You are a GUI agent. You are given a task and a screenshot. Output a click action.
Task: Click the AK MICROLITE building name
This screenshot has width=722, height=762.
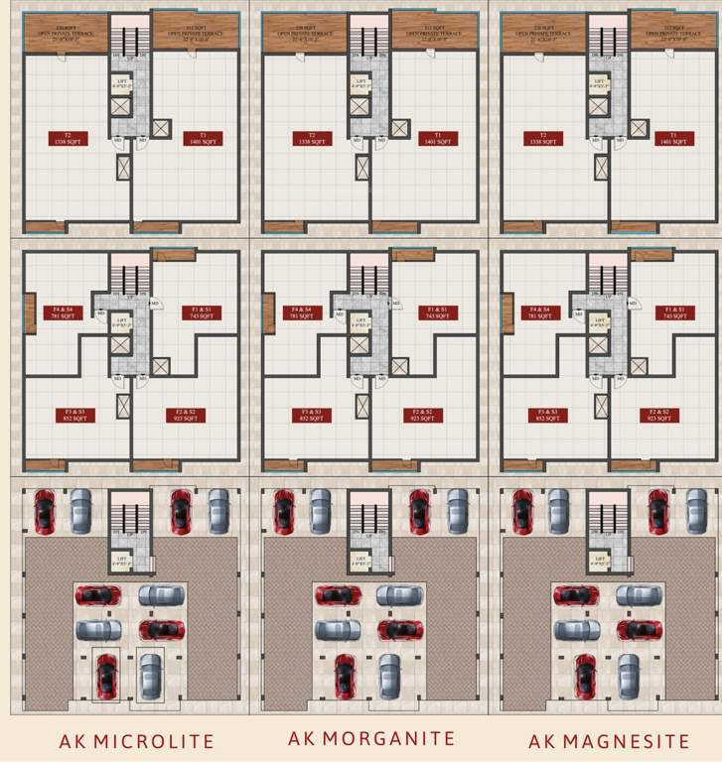coord(136,741)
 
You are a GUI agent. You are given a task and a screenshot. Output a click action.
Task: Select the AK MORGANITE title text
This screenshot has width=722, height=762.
coord(371,738)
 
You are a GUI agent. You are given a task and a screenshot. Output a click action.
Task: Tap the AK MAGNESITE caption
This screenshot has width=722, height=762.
coord(608,741)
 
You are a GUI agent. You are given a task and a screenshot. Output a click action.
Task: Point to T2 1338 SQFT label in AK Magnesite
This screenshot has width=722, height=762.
coord(542,139)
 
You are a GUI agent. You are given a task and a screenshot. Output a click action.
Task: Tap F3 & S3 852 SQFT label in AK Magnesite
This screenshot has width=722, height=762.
coord(542,415)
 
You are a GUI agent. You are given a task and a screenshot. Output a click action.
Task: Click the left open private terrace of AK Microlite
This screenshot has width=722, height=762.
coord(66,33)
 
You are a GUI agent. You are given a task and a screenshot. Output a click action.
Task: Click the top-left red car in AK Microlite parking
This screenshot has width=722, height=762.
coord(45,511)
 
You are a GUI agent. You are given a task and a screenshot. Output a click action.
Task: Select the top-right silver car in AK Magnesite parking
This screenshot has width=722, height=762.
coord(695,511)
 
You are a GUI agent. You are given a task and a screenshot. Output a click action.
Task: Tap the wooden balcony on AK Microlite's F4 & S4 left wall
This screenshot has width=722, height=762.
coord(30,313)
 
